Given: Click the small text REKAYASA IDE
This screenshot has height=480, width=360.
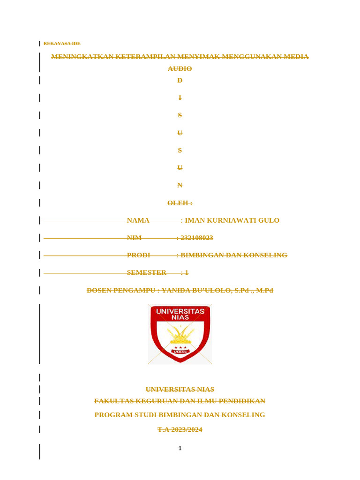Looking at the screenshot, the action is pos(62,44).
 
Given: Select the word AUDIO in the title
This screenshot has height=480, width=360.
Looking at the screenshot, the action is pos(180,68).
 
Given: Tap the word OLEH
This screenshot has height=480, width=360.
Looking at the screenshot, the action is pos(178,203).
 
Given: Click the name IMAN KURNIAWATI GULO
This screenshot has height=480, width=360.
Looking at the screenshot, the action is pos(232,220).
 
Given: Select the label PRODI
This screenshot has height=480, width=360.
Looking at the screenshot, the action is pos(138,255).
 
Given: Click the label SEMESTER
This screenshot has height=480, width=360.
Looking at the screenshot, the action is pos(146,272).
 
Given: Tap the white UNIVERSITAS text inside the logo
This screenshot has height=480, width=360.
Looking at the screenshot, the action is pos(180,311).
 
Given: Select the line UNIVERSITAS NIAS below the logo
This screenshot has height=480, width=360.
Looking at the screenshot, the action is pos(180,390).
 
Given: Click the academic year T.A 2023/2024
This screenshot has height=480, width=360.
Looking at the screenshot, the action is pos(180,429).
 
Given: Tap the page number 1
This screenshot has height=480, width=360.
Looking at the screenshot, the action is pos(180,449).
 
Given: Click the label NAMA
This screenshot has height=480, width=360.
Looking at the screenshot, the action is pos(138,220).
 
